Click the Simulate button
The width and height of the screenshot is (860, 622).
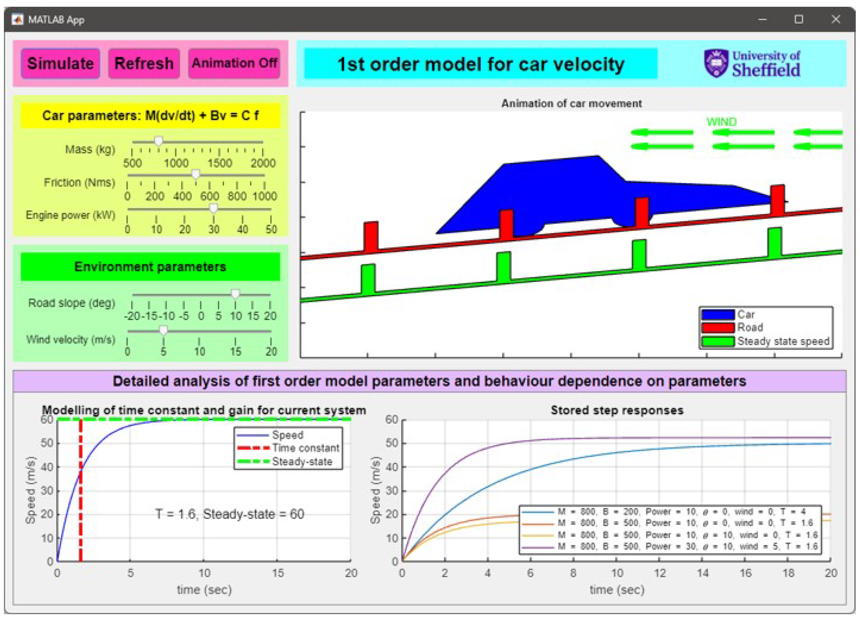(x=60, y=64)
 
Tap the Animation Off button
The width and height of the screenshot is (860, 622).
(x=234, y=64)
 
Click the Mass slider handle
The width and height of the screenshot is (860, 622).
(x=159, y=141)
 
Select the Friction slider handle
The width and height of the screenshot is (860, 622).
(x=196, y=174)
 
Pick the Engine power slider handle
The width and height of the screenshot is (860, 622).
(x=214, y=208)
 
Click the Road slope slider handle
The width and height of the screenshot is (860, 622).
(x=235, y=294)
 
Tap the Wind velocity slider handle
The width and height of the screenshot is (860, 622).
(x=163, y=330)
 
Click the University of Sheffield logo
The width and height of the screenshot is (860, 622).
(x=752, y=64)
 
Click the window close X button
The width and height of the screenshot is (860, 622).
(x=836, y=20)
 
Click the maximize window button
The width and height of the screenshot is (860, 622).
(x=799, y=20)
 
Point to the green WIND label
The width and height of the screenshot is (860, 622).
(x=721, y=122)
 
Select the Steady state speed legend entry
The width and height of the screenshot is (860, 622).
(x=783, y=341)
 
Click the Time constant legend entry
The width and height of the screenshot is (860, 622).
(x=305, y=448)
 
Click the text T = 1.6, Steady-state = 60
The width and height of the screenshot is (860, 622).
(x=230, y=514)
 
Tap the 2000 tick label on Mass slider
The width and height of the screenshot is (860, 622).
(x=263, y=163)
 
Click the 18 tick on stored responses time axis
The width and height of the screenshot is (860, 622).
(x=788, y=573)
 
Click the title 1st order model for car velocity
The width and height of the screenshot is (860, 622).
(x=481, y=64)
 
